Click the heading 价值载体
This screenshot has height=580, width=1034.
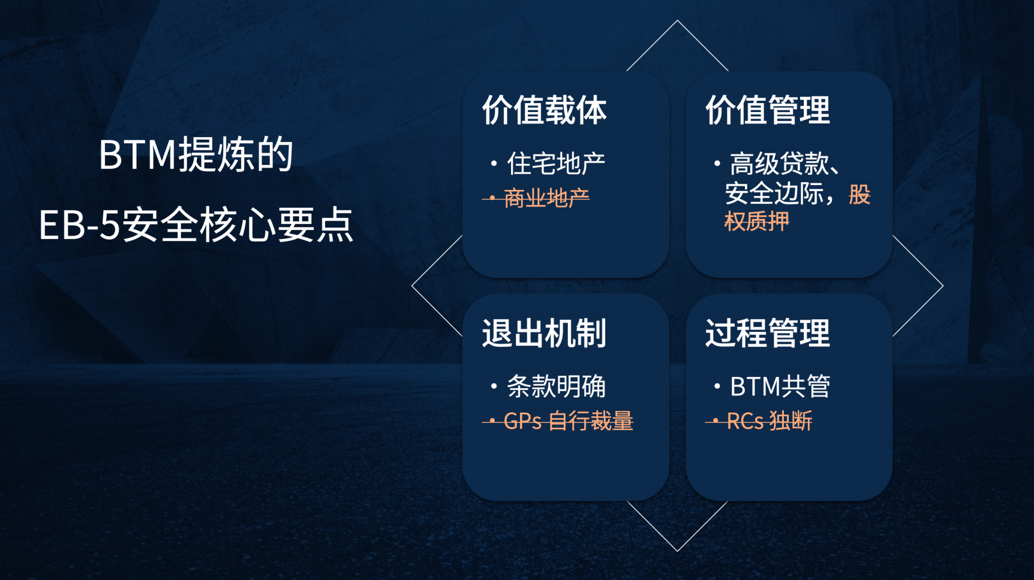[544, 110]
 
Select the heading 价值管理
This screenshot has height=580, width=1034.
[767, 110]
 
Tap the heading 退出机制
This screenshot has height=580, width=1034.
[544, 333]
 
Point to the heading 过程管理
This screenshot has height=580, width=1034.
[767, 333]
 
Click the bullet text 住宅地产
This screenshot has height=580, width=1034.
[556, 164]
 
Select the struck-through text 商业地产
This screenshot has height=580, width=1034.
[546, 198]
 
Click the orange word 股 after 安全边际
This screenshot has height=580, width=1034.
[859, 194]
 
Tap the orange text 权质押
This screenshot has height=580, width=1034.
[757, 222]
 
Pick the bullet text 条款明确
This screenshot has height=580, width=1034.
[556, 386]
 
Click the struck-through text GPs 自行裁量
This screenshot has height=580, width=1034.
[567, 421]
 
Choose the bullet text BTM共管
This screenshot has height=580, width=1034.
[780, 386]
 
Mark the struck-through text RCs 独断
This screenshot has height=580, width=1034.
[769, 421]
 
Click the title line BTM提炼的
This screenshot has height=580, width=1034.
[196, 155]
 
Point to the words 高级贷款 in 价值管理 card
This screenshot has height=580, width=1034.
[778, 164]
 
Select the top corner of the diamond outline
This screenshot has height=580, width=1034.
[678, 22]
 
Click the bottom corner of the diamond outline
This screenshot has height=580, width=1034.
[678, 550]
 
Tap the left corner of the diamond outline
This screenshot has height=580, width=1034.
[413, 286]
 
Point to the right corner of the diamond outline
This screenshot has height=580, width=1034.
[942, 286]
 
